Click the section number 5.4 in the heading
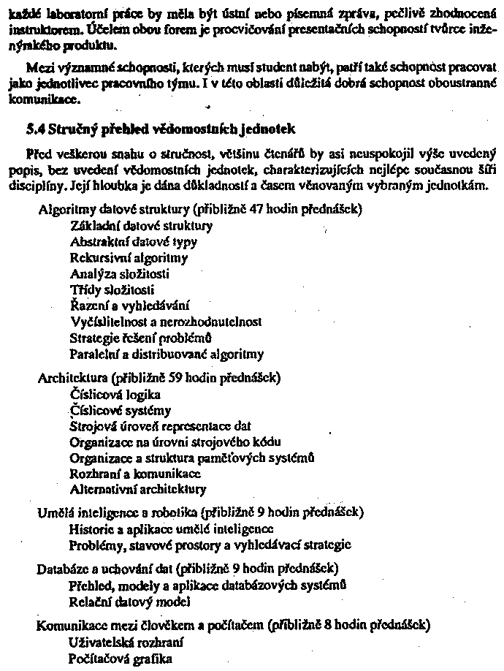[x=34, y=130]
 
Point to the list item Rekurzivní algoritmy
[x=129, y=257]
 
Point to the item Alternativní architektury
[x=138, y=490]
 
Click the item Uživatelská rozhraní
[x=125, y=642]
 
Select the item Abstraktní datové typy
[x=134, y=241]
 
